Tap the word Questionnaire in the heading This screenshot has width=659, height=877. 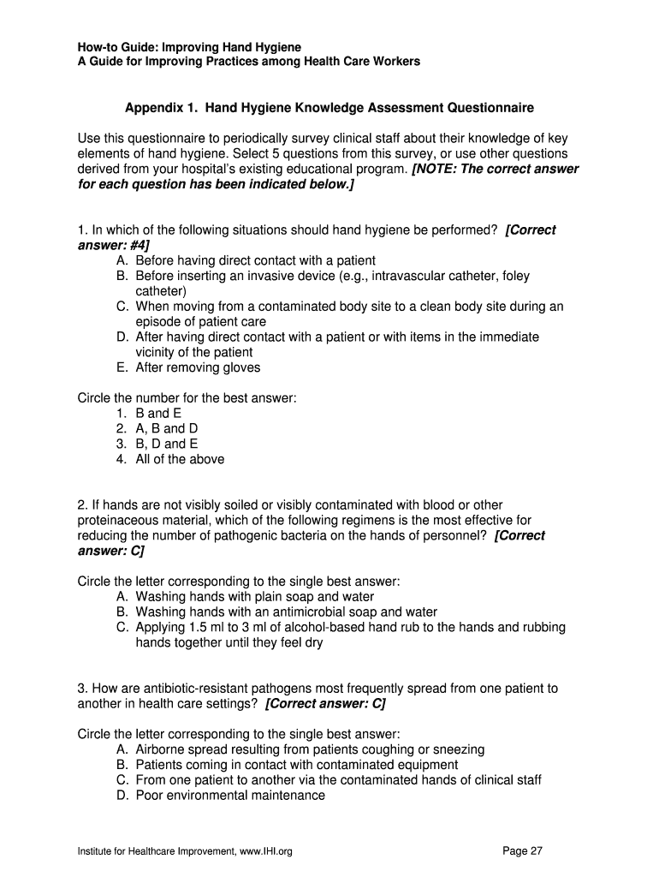(490, 108)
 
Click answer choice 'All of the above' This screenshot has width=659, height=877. (180, 459)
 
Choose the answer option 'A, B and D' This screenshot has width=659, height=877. (167, 428)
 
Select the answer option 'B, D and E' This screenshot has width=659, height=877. (167, 444)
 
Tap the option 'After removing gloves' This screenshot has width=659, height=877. (198, 367)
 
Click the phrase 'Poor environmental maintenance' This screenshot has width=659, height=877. (230, 795)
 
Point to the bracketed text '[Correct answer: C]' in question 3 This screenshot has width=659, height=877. (325, 703)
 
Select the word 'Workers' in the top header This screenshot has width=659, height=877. (395, 62)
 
